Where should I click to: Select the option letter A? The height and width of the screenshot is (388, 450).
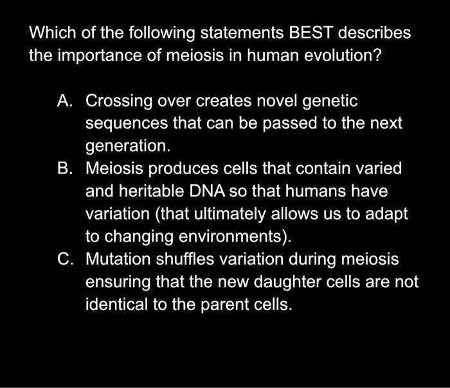tap(64, 101)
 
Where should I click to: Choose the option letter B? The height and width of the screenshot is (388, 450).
tap(64, 169)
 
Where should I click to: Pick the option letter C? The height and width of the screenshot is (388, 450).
tap(64, 260)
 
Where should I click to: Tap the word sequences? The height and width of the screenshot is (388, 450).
tap(125, 123)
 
